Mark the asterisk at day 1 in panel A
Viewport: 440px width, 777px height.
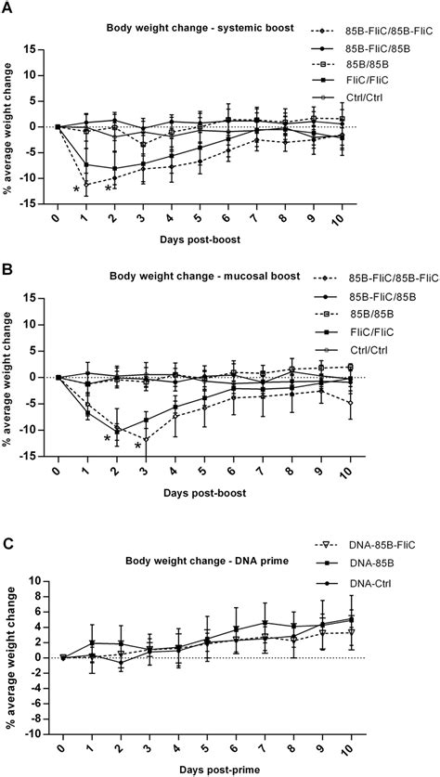click(x=76, y=189)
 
